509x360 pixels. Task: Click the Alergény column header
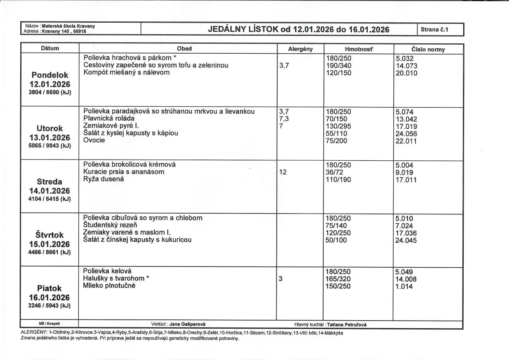[300, 49]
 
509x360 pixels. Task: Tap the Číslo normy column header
[428, 49]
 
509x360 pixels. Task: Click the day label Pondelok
[50, 75]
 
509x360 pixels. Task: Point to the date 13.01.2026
[50, 138]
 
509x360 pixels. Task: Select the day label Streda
[50, 182]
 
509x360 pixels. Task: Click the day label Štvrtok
[50, 235]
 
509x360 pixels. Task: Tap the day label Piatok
[50, 288]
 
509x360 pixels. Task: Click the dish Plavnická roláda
[109, 118]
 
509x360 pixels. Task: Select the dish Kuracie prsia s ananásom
[124, 172]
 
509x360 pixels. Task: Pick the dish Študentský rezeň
[109, 225]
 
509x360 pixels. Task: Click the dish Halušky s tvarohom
[116, 278]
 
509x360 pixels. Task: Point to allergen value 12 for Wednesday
[283, 172]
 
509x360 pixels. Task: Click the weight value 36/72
[334, 172]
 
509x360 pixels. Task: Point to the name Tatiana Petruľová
[347, 325]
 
